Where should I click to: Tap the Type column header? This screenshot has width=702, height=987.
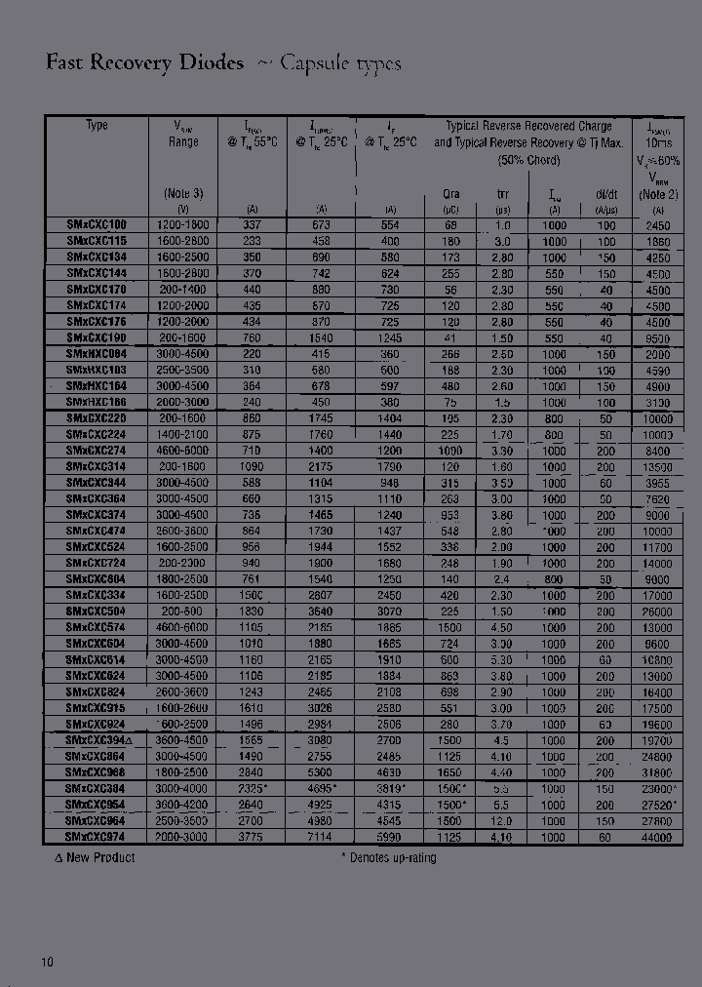click(x=97, y=126)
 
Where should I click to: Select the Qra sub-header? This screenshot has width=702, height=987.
click(x=451, y=194)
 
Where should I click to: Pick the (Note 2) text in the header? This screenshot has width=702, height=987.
click(x=658, y=194)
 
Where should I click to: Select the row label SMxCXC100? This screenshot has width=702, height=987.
click(x=97, y=225)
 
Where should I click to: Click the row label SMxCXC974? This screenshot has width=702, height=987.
click(x=97, y=837)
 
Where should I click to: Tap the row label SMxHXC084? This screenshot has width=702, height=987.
click(x=97, y=354)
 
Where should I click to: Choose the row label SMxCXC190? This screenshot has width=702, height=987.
click(x=97, y=337)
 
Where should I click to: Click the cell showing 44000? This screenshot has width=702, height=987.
click(x=658, y=837)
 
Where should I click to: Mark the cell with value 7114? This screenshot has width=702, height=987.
click(x=322, y=837)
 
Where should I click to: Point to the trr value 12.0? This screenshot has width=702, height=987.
click(x=502, y=820)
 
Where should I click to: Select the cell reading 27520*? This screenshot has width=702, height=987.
click(x=658, y=805)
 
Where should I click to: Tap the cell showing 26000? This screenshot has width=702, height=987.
click(x=658, y=612)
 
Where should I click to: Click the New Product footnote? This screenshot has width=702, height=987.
click(x=95, y=857)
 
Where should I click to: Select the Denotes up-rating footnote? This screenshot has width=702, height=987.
click(x=388, y=857)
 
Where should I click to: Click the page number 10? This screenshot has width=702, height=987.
click(x=48, y=962)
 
